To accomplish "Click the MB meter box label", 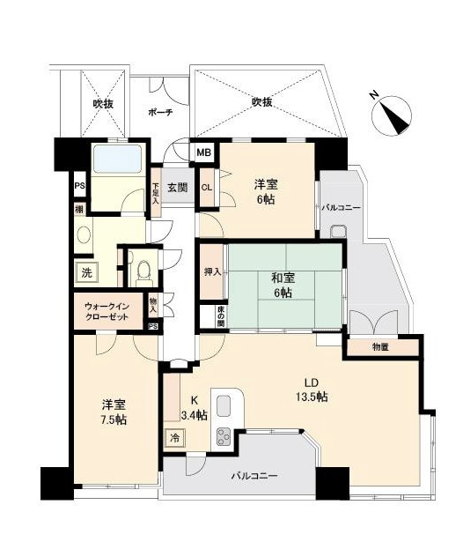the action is [203, 152].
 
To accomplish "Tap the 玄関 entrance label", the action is [178, 188].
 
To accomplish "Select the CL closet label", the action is [207, 188].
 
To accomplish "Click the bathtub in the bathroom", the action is [118, 159].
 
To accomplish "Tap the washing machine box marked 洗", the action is [86, 273].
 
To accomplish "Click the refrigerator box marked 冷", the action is [174, 438].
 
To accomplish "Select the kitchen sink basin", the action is [224, 405].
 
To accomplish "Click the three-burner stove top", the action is [224, 437].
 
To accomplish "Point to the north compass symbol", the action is [392, 115].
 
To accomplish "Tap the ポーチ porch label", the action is [160, 112].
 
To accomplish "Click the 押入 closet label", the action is [212, 272].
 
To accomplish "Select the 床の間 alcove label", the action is [220, 316].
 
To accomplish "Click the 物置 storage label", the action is [380, 347].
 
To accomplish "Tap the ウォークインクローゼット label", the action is [107, 312].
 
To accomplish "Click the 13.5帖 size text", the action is [312, 397].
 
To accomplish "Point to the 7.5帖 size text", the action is [114, 419].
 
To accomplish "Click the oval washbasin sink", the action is [84, 235].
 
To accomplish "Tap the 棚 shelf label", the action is [80, 210].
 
